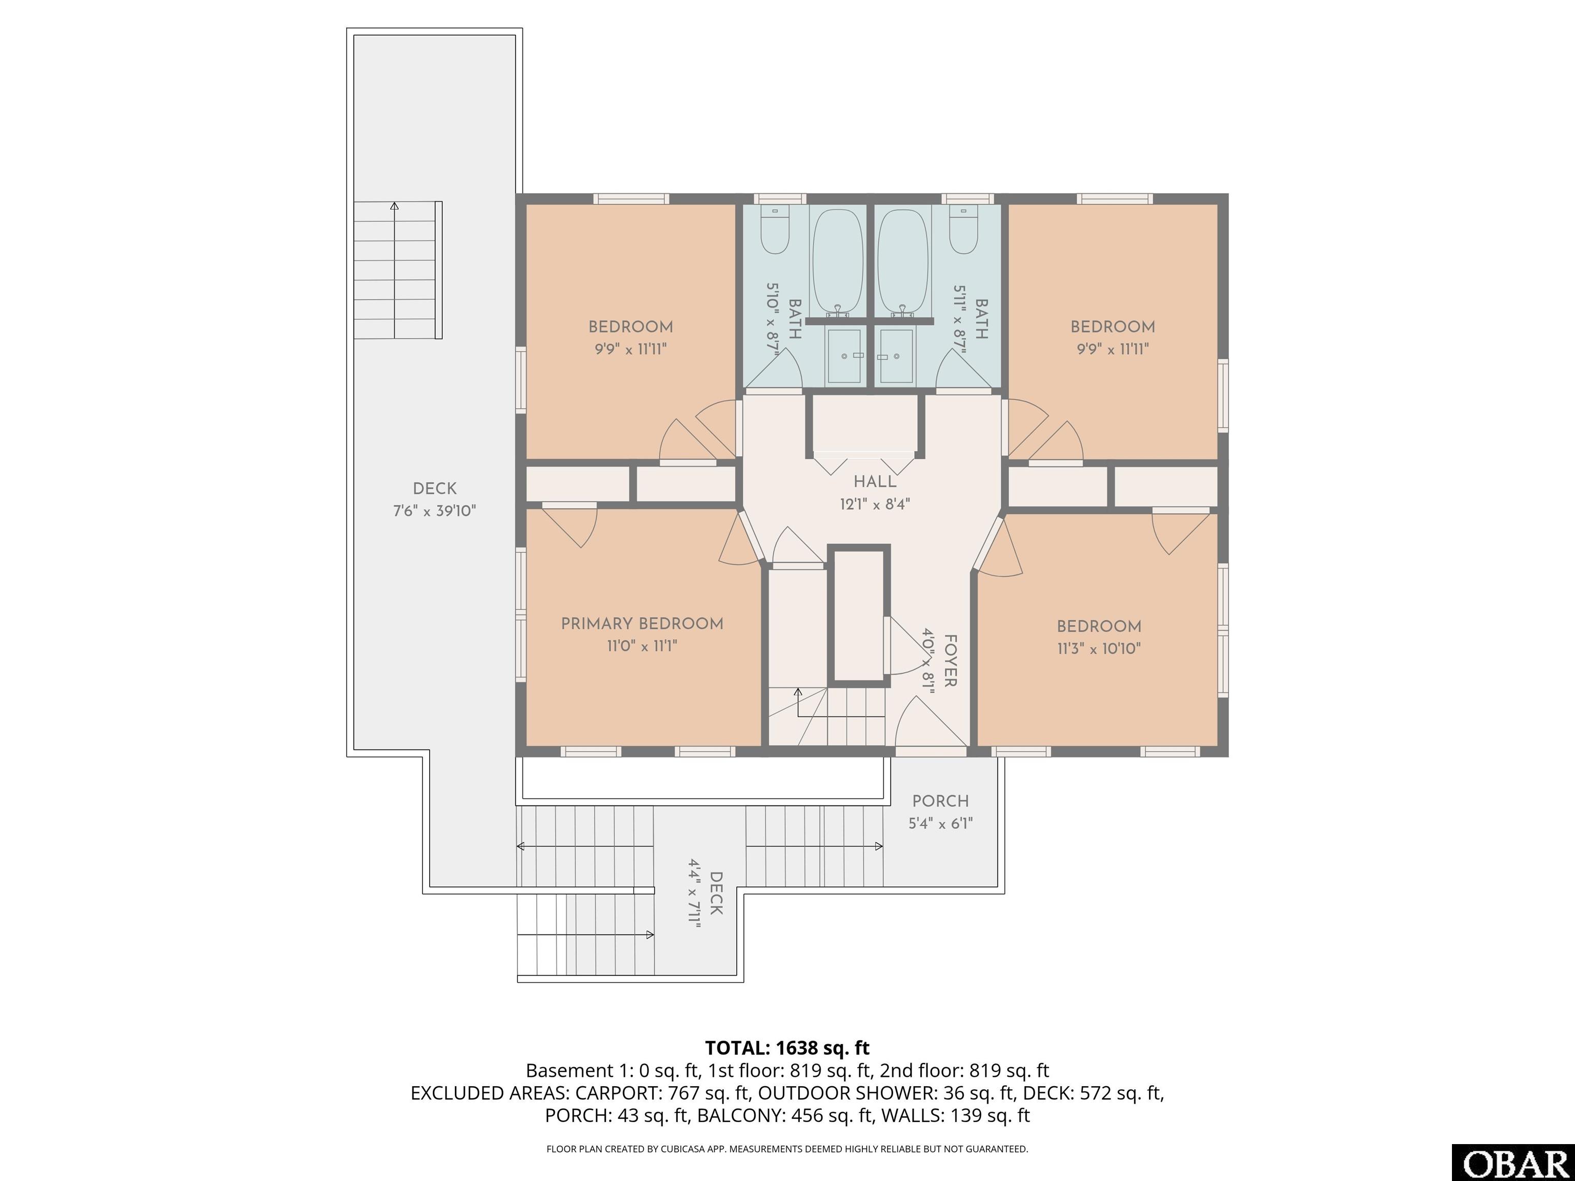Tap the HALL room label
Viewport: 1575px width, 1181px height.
(875, 482)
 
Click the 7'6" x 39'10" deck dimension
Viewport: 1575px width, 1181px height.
(434, 511)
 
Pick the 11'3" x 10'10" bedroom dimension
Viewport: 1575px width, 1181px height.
(1099, 648)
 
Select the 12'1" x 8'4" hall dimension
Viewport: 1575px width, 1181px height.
(875, 504)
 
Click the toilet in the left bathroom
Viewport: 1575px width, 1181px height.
(774, 230)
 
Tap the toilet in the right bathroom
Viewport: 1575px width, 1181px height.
(963, 230)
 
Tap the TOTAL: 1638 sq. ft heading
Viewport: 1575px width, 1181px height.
(787, 1048)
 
